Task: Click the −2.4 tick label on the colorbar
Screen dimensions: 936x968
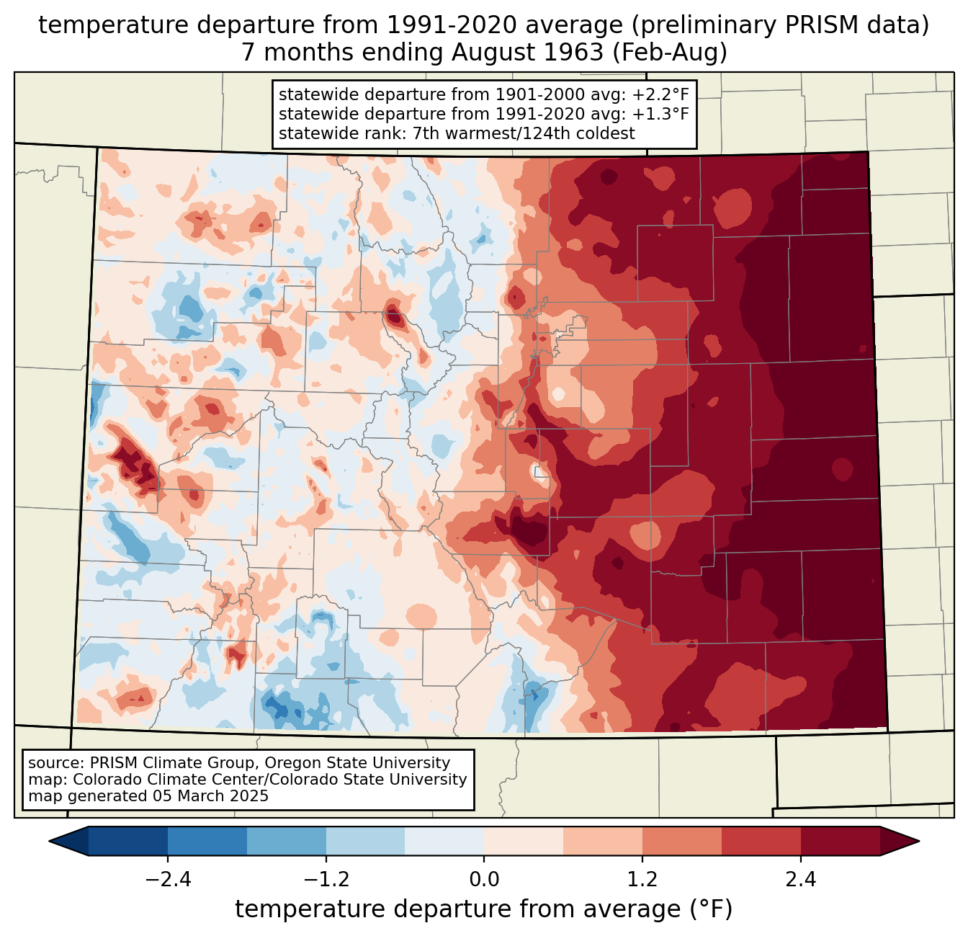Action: pyautogui.click(x=168, y=879)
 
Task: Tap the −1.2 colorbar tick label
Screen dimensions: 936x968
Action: pyautogui.click(x=326, y=879)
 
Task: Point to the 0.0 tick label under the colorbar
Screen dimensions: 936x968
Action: pyautogui.click(x=484, y=879)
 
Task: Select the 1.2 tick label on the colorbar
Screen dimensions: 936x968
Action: pyautogui.click(x=642, y=879)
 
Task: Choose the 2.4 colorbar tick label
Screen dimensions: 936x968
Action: pyautogui.click(x=800, y=879)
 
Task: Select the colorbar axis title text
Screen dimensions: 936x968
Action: pyautogui.click(x=484, y=909)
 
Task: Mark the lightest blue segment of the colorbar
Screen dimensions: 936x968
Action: pyautogui.click(x=444, y=841)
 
